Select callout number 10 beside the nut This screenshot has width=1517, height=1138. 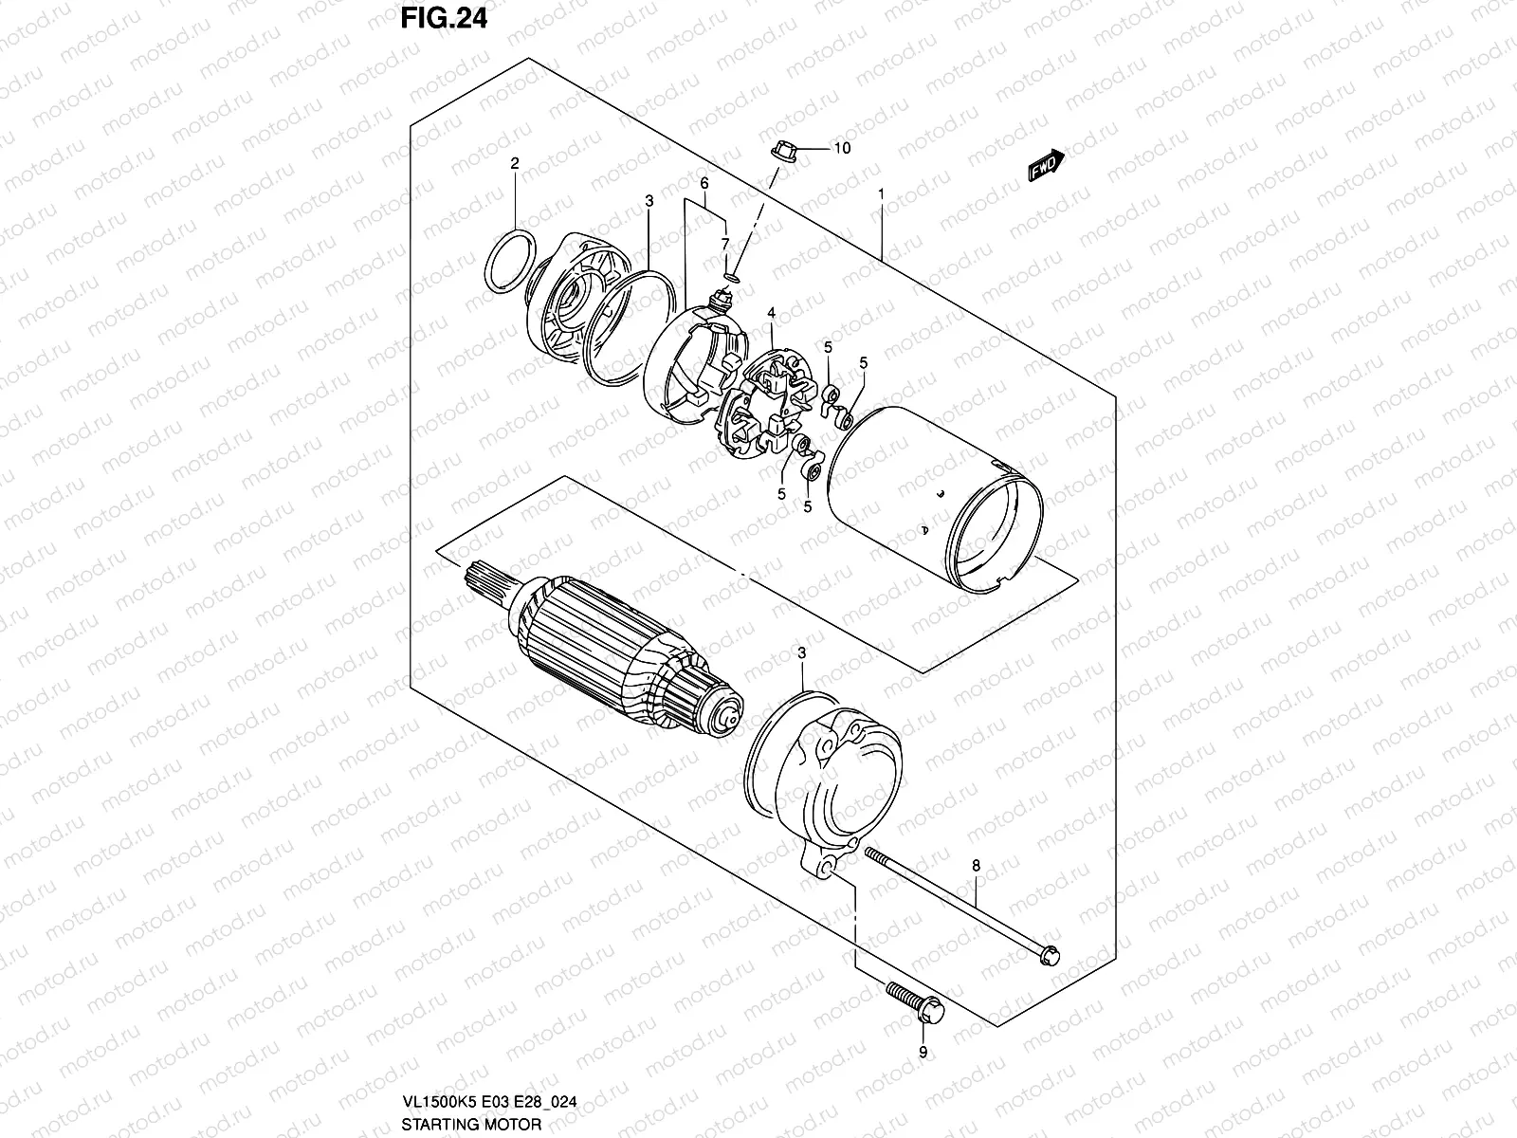click(x=841, y=148)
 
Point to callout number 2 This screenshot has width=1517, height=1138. click(x=515, y=164)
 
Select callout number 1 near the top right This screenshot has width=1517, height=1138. click(x=881, y=193)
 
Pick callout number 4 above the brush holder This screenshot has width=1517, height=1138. click(x=772, y=312)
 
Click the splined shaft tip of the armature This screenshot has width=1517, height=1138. click(x=484, y=580)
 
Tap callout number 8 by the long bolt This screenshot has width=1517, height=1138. click(x=976, y=865)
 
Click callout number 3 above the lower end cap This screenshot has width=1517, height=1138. click(x=801, y=653)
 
